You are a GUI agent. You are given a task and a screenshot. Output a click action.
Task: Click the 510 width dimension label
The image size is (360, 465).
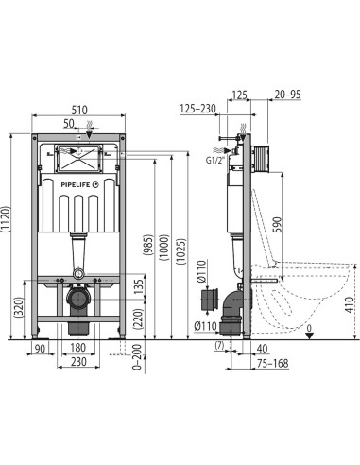(78, 110)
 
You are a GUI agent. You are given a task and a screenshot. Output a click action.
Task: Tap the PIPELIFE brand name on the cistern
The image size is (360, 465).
(76, 185)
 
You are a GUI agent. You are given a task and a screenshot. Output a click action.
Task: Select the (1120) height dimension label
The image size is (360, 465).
(7, 219)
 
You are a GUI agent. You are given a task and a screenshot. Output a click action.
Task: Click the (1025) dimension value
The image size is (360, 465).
(181, 251)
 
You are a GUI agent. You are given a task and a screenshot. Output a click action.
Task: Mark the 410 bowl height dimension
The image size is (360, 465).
(349, 304)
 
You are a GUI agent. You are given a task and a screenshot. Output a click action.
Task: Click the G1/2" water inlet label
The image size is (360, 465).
(215, 160)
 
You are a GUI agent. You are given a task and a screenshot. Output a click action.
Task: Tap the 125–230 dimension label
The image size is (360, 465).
(198, 109)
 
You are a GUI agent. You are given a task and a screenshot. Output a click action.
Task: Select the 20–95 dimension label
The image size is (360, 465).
(287, 95)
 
